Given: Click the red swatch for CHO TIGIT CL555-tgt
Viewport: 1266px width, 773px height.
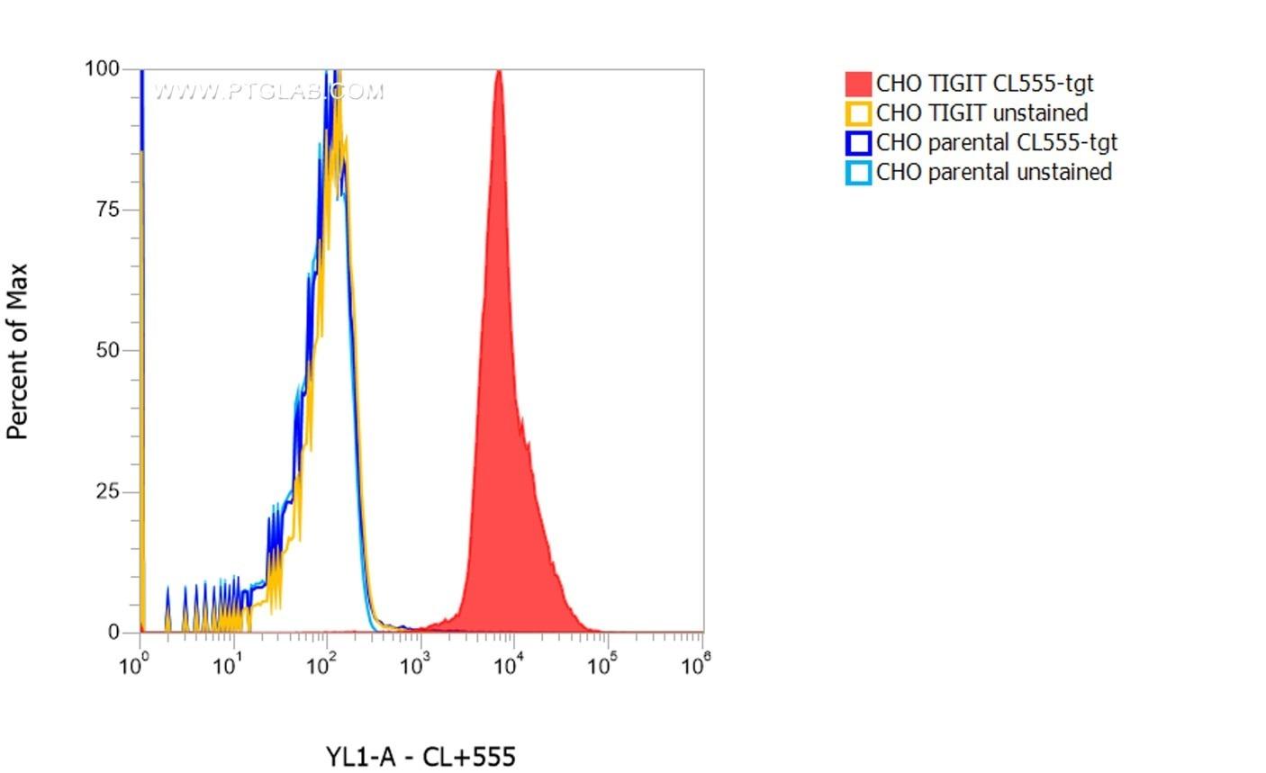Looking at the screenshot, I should (x=858, y=84).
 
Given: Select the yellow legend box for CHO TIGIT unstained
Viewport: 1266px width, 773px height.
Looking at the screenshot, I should (x=858, y=113).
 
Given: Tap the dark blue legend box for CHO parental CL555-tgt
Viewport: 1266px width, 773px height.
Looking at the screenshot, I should (x=858, y=143).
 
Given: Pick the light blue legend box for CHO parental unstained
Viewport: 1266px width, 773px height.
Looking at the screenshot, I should (x=858, y=173).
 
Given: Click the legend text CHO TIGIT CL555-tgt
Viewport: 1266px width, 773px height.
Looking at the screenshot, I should (x=984, y=84).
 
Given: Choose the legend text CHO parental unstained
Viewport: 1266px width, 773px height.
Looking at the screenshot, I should (x=993, y=173).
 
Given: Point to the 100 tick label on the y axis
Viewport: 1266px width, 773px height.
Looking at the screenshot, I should (x=102, y=68).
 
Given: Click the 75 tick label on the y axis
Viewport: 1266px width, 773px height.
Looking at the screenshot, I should (x=107, y=210).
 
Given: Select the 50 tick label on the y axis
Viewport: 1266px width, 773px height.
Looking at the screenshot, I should (x=107, y=351).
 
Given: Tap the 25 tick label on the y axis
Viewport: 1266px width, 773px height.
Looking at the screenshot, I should (x=107, y=492).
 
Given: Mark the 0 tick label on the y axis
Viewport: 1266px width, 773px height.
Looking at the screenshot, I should (x=113, y=633).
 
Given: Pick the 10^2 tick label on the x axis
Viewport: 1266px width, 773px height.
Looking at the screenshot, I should (x=321, y=666).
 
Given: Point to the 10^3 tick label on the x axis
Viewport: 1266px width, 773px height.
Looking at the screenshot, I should (x=414, y=666).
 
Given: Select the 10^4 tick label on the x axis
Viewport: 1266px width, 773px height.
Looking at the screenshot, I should (x=508, y=666).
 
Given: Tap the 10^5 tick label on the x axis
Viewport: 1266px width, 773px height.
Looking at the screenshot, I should (x=601, y=666).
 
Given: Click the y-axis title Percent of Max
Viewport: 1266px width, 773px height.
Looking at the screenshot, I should (x=18, y=351).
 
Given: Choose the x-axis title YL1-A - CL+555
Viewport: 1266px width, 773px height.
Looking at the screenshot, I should (x=420, y=757).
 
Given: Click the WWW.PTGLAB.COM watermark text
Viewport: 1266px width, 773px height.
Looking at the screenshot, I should (x=268, y=91).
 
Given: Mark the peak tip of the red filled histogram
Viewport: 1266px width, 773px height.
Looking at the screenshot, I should (x=498, y=71).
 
